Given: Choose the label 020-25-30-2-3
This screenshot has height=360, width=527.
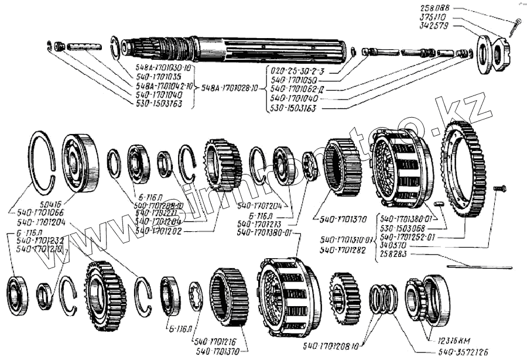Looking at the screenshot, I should click(297, 68).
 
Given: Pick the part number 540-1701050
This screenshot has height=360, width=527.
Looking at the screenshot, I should click(296, 78).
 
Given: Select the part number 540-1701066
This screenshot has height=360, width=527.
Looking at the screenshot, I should click(40, 215).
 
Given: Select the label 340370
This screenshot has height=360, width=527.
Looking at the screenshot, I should click(393, 246).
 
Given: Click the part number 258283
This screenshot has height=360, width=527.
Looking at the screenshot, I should click(393, 255).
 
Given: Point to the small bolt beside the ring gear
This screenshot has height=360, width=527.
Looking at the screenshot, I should click(499, 188).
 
